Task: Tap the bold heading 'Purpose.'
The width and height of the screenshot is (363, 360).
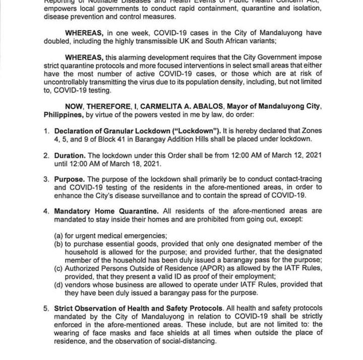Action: [x=70, y=179]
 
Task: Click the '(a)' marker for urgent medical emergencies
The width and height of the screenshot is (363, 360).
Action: [x=59, y=236]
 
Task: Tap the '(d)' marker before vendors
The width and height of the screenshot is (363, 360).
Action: [x=59, y=284]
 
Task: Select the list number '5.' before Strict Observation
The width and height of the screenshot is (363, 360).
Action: [x=46, y=308]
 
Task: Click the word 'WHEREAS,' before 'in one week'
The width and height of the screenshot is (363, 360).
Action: [x=84, y=33]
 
